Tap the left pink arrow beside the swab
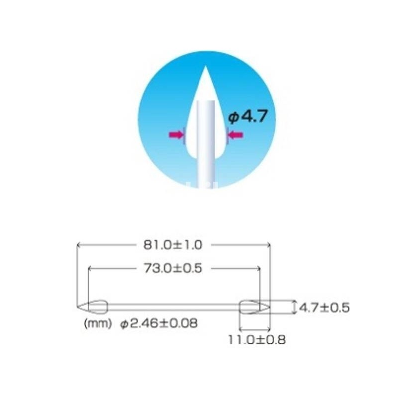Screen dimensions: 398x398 tap(176, 134)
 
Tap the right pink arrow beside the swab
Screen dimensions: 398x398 tap(235, 134)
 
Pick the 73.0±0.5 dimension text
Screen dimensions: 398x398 tap(174, 268)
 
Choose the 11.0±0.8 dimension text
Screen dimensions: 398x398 tap(257, 340)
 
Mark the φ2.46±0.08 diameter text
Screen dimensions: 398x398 tap(159, 323)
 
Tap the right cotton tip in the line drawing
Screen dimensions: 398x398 tap(254, 306)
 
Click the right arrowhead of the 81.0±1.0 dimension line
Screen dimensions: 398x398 tap(268, 244)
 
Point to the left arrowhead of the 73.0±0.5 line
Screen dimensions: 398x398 tap(90, 268)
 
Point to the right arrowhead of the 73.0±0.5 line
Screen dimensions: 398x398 tap(258, 268)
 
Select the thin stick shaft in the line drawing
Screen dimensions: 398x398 tap(174, 306)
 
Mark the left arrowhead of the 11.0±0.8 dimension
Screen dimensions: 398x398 tap(242, 329)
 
